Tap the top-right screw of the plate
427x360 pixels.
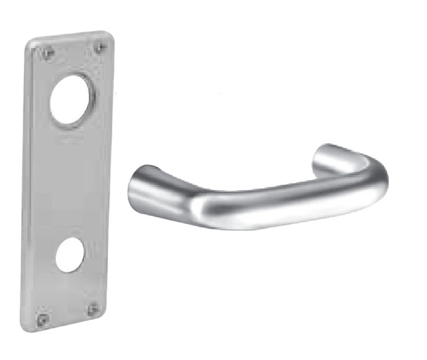point(100,47)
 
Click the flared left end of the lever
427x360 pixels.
point(141,184)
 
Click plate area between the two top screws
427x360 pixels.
point(74,49)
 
